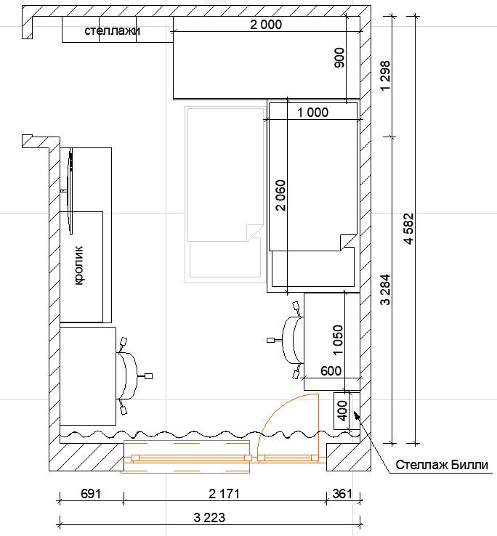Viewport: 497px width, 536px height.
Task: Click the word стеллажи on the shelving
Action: [112, 31]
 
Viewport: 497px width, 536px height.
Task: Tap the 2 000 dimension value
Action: [266, 25]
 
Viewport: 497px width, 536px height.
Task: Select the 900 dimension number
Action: [339, 57]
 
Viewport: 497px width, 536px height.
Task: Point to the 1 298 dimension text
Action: [385, 76]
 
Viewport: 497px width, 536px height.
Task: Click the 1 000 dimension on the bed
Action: [312, 113]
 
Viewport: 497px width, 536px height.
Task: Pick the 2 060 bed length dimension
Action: [280, 195]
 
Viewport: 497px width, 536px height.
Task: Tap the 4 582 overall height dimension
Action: [409, 229]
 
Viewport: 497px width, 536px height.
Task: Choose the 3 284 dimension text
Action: [385, 289]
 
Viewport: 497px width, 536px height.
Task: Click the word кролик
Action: [78, 265]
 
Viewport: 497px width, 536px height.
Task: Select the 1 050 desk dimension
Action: [338, 340]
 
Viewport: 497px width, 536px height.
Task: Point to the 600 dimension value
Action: [331, 370]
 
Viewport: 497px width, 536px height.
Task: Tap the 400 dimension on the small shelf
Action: [342, 410]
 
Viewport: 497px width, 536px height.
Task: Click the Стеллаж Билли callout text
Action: [442, 465]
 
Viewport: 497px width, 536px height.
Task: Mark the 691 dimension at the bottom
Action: [91, 494]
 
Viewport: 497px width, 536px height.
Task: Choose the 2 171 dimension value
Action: [224, 494]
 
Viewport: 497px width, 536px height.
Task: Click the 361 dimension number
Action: [342, 494]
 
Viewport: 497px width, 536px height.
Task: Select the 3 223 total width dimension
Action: [209, 518]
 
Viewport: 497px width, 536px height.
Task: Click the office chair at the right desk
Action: [290, 340]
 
